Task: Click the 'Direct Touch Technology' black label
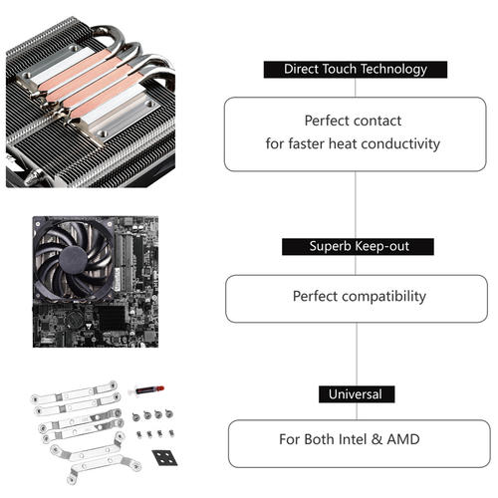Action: (x=356, y=70)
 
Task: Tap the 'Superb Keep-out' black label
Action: (x=356, y=246)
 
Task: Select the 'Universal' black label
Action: (x=356, y=394)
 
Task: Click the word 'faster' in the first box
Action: (x=309, y=143)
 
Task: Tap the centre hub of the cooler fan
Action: (x=74, y=256)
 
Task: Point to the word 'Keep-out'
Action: (x=381, y=246)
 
